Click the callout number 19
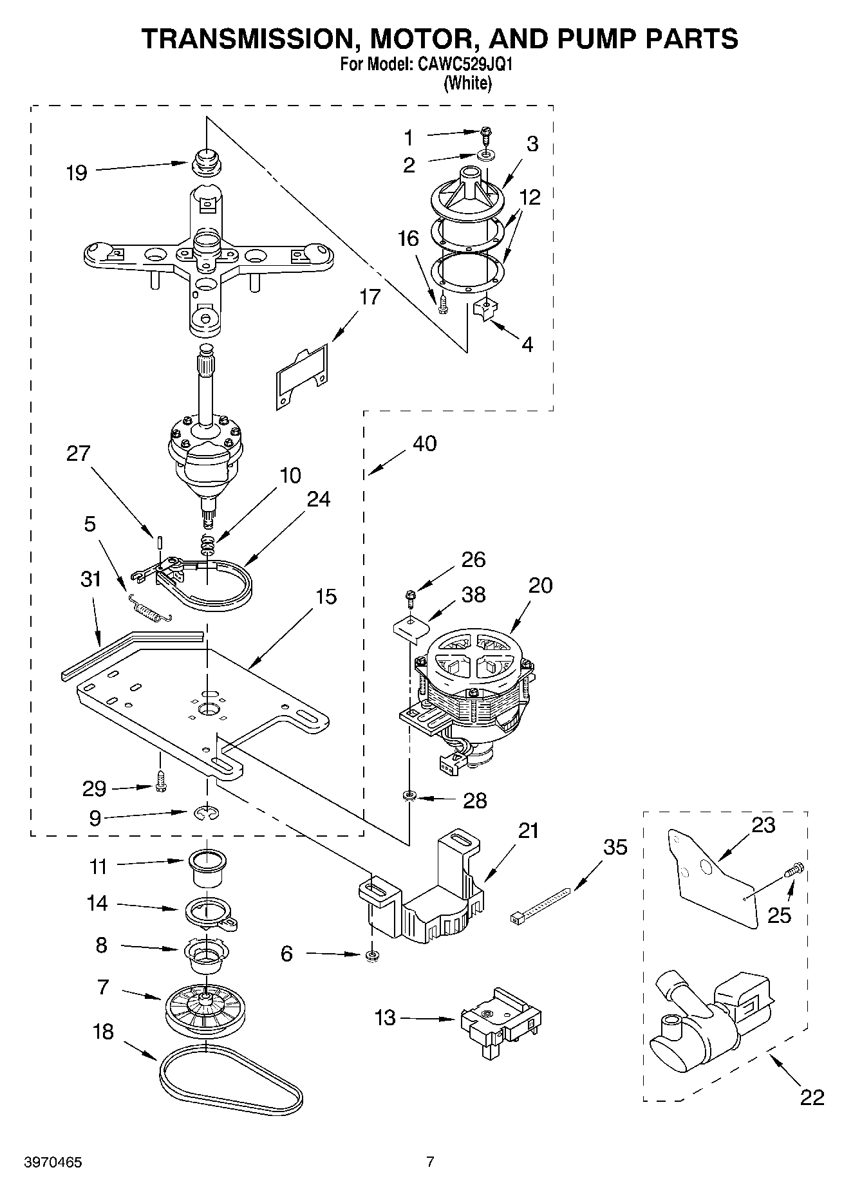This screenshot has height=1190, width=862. pos(77,173)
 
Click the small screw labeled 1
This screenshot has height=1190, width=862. pos(487,134)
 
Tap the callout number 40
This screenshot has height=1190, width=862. pos(424,443)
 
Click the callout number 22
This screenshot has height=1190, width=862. pos(812,1097)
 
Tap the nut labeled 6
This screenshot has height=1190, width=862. pos(371,955)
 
